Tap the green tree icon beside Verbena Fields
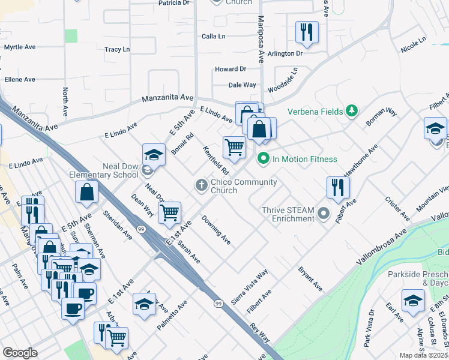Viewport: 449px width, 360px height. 352,110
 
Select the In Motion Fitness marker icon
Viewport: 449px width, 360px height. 262,159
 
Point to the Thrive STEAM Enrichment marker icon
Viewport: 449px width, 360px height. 324,214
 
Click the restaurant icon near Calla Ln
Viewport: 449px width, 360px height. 307,32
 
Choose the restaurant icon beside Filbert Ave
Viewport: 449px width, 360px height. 338,187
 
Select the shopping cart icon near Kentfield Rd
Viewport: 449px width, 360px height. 234,146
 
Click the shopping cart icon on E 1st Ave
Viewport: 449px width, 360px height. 169,212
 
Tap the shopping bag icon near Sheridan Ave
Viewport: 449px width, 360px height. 86,192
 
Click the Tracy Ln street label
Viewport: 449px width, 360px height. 117,49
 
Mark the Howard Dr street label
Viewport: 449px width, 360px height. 231,70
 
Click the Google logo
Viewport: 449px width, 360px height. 20,353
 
